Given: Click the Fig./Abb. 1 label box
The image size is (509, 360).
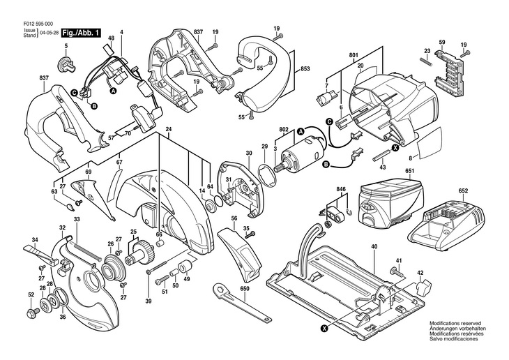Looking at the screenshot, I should click(x=81, y=33).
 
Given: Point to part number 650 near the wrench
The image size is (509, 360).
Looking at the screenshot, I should click(x=244, y=290).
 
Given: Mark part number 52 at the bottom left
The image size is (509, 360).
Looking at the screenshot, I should click(x=31, y=294).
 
